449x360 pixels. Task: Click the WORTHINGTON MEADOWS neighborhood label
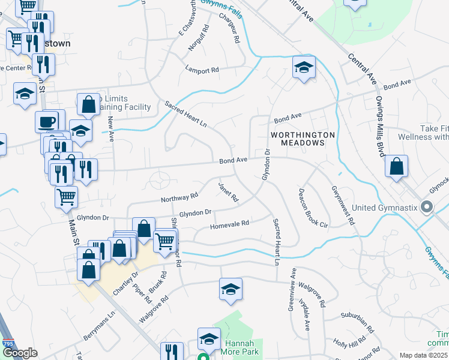(298, 139)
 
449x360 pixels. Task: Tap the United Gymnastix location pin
(427, 208)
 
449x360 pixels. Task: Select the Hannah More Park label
(241, 347)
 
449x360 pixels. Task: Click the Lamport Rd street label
(202, 70)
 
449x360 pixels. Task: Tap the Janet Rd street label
(229, 191)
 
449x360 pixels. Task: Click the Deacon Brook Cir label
(313, 209)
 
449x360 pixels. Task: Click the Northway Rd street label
(179, 197)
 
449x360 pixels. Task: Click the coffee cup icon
(47, 122)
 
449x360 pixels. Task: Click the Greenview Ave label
(292, 287)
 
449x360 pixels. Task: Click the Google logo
(20, 353)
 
